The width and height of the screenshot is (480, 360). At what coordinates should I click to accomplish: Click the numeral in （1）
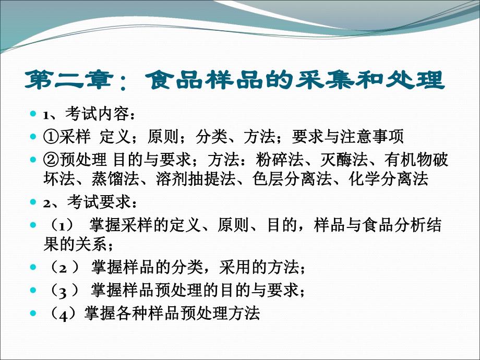click(61, 226)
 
